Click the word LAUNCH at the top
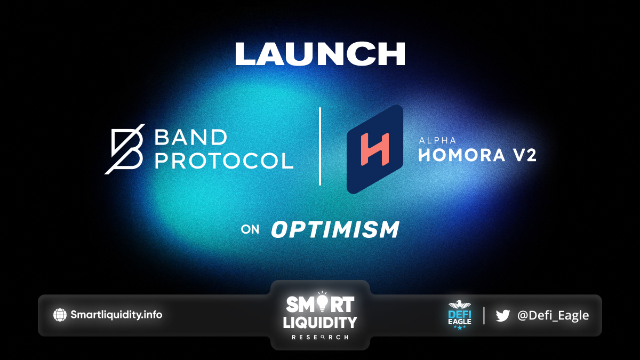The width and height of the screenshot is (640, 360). click(x=320, y=54)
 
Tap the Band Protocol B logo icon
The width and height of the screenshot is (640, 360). click(x=125, y=149)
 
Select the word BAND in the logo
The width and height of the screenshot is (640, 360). click(x=190, y=137)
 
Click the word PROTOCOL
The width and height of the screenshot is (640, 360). click(x=224, y=161)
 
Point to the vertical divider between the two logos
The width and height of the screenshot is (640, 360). click(x=320, y=146)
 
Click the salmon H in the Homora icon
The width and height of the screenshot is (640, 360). click(x=375, y=149)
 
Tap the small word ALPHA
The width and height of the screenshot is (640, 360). click(x=437, y=140)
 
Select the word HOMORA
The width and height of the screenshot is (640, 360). click(x=462, y=155)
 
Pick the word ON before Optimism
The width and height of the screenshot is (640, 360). click(x=250, y=229)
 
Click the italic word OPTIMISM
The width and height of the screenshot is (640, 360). click(x=335, y=229)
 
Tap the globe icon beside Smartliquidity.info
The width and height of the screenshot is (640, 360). click(x=60, y=315)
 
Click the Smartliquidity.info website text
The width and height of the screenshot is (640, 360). click(x=116, y=315)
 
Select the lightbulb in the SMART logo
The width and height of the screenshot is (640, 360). click(x=322, y=302)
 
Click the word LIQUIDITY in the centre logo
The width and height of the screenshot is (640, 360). click(x=320, y=322)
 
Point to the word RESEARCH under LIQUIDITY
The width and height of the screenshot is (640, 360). click(x=320, y=338)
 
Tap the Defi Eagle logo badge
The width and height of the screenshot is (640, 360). click(x=460, y=315)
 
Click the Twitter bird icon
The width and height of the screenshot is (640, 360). click(x=502, y=315)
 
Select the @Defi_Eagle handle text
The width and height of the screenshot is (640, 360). click(x=553, y=315)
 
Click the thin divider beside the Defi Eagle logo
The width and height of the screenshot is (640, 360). click(x=484, y=315)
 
